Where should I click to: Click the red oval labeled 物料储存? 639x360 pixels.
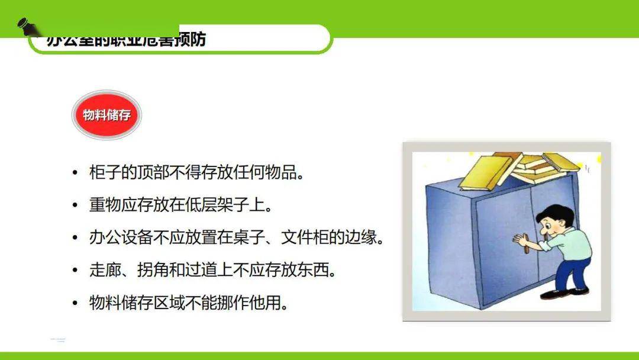[x=106, y=115]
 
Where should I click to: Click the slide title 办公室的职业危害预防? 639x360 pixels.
[x=126, y=40]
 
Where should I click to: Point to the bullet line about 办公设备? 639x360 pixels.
[x=237, y=238]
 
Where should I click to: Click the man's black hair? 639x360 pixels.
[x=559, y=211]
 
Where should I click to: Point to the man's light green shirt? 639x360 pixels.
[x=572, y=243]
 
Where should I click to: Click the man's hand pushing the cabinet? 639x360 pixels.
[x=521, y=240]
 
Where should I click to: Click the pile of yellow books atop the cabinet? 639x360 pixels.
[x=515, y=169]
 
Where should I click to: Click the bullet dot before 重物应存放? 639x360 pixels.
[x=75, y=206]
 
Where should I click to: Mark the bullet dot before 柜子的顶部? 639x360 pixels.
[x=75, y=174]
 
